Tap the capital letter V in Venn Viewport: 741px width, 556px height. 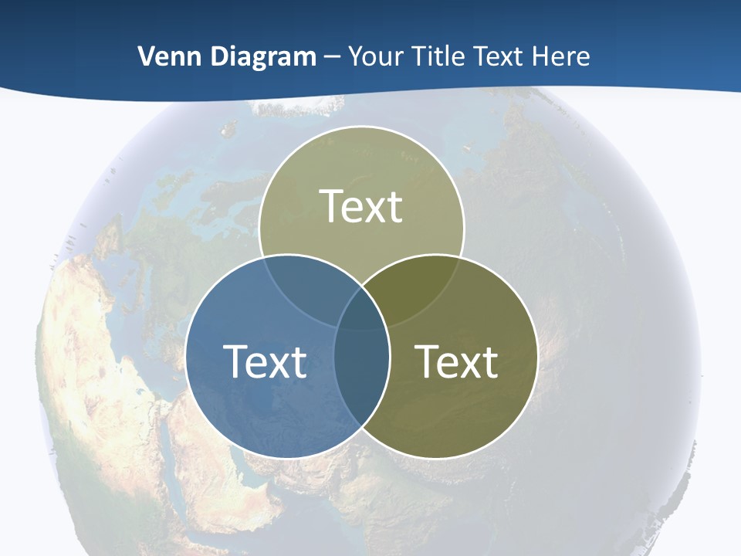coord(146,56)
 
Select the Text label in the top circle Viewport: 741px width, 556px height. coord(361,206)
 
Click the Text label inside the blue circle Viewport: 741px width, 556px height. coord(265,361)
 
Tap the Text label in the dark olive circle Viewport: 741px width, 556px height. coord(456,361)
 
